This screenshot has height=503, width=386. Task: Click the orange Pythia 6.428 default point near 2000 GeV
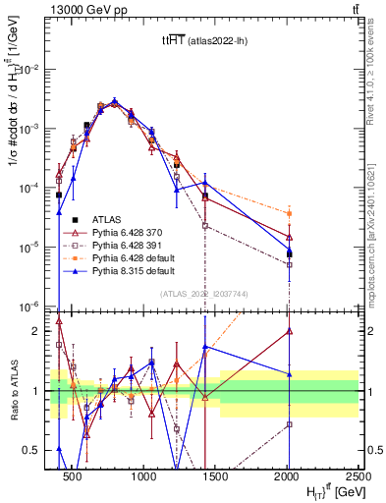(x=289, y=213)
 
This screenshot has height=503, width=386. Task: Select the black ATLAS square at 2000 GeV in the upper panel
(x=289, y=253)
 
